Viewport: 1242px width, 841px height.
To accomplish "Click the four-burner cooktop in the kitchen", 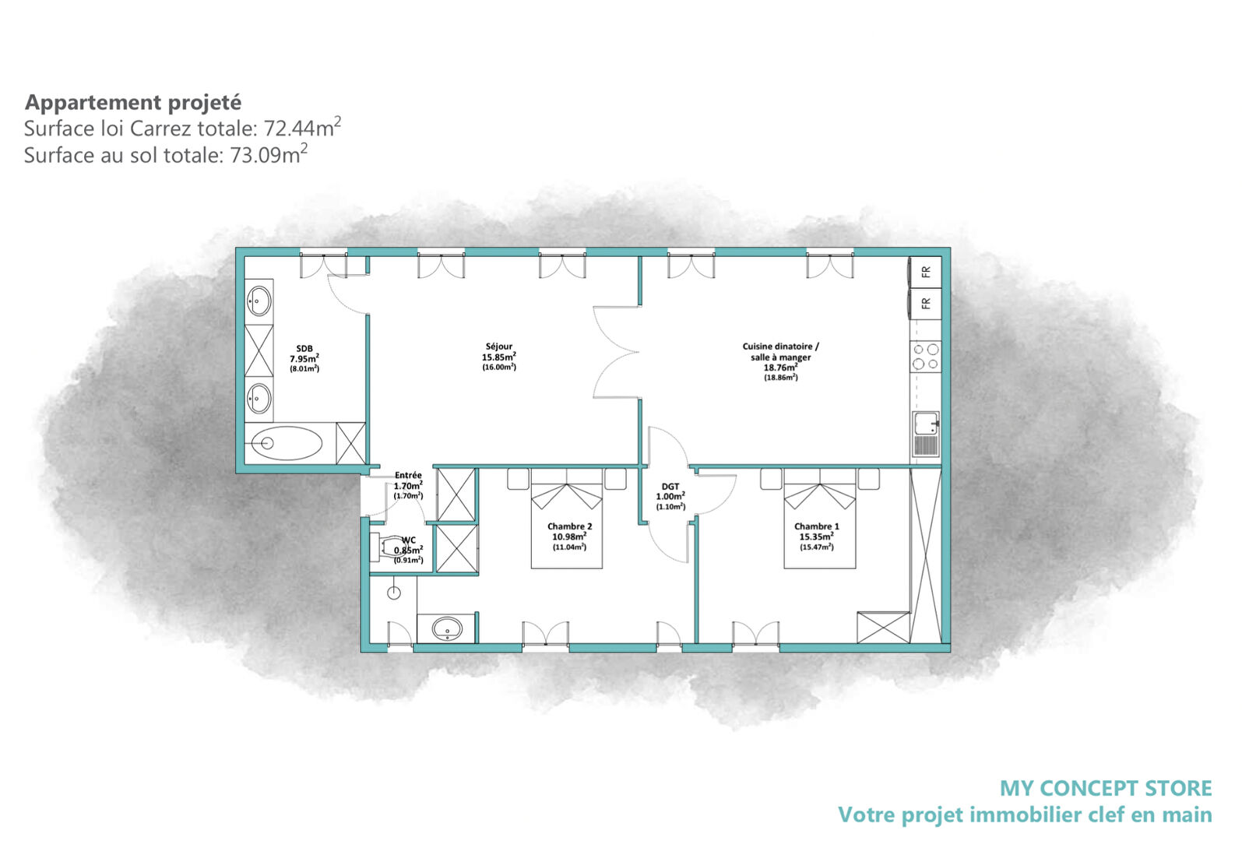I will [x=926, y=357].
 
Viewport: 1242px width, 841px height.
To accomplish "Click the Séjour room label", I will [x=499, y=347].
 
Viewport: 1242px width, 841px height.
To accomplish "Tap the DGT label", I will [x=670, y=486].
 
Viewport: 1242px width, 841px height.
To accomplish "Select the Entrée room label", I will [x=408, y=475].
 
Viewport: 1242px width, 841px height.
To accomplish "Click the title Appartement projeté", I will [x=133, y=102].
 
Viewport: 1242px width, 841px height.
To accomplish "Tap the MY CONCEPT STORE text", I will [x=1105, y=788].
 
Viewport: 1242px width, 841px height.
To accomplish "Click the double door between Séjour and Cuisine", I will [x=617, y=352].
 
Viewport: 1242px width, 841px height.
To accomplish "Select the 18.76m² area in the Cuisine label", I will [x=780, y=368].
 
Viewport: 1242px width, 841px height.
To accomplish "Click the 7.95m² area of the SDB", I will [x=304, y=359].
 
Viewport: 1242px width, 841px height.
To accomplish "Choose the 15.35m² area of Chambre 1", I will [x=816, y=537].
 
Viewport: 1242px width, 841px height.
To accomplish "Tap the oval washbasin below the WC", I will [x=447, y=628].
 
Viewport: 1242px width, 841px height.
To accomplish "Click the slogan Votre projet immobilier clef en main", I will [x=1024, y=815].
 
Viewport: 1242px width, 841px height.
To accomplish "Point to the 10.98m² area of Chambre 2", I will [x=568, y=537].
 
